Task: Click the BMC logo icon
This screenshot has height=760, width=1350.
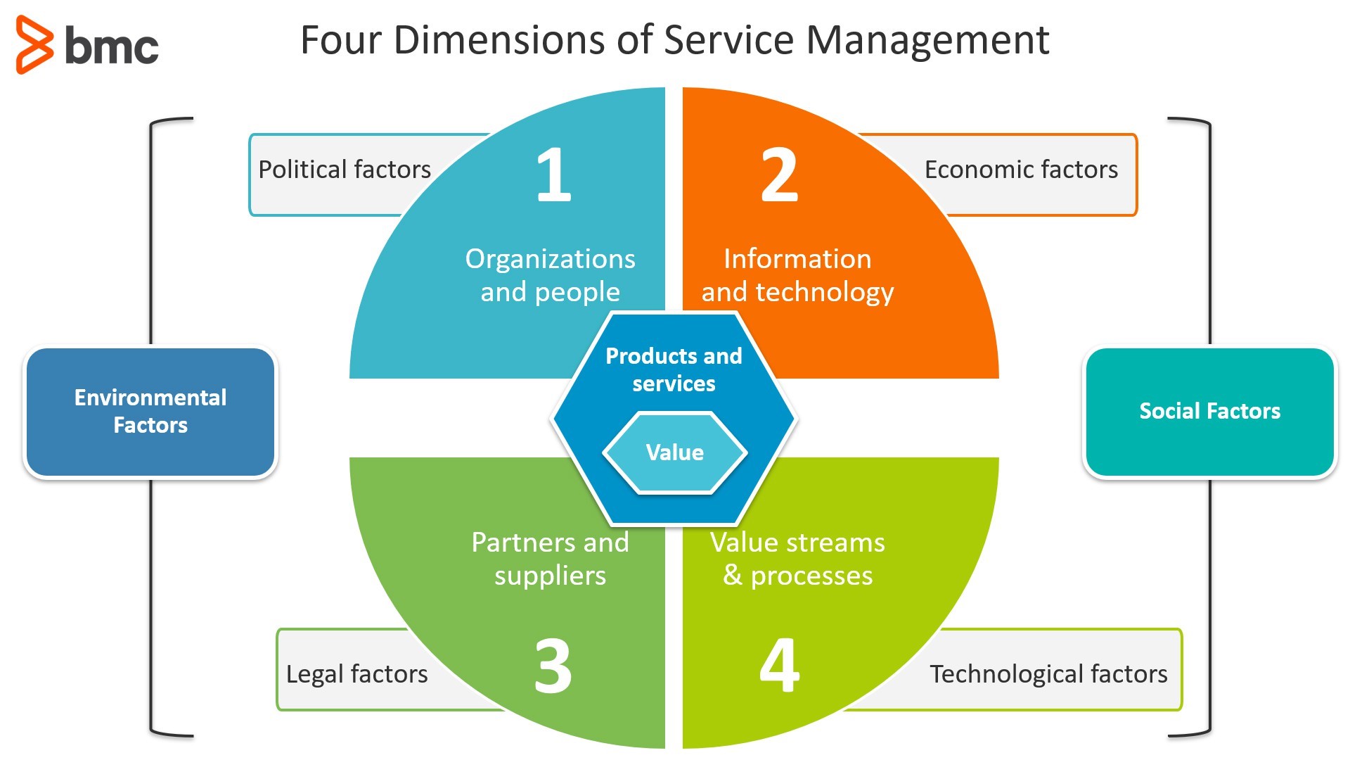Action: click(x=34, y=45)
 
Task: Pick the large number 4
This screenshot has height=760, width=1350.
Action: click(x=779, y=665)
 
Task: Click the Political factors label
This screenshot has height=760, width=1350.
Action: click(x=344, y=170)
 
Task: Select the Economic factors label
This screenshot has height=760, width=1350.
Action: click(x=1020, y=170)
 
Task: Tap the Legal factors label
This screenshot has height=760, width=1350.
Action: click(x=356, y=674)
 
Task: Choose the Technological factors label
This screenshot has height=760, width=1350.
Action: click(x=1048, y=674)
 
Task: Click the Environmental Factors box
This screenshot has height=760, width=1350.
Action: click(x=150, y=412)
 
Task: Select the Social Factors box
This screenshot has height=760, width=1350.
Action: click(x=1209, y=412)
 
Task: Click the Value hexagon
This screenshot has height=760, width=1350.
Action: click(x=674, y=452)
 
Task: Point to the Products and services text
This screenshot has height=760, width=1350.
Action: click(x=674, y=369)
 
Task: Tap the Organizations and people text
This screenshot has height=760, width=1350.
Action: click(x=550, y=275)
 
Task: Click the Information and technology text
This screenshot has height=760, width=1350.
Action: click(x=797, y=275)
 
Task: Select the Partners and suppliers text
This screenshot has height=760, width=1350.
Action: click(x=550, y=559)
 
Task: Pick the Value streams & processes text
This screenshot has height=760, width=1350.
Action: click(x=797, y=559)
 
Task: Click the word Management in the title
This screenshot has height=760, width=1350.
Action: click(x=927, y=40)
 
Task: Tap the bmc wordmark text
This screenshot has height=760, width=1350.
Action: click(x=111, y=46)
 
